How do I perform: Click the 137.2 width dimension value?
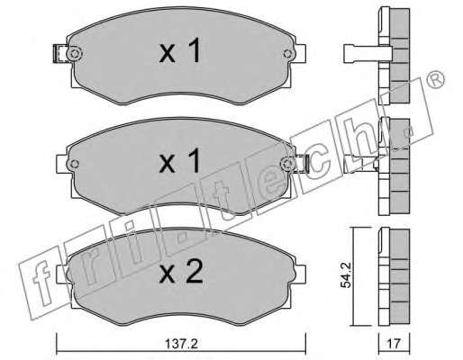(x=181, y=344)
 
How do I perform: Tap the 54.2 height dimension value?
(x=347, y=275)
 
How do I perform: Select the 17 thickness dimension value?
(x=394, y=344)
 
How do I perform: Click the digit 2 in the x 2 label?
(x=194, y=272)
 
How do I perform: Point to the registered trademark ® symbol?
(x=436, y=79)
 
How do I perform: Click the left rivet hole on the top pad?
(x=74, y=54)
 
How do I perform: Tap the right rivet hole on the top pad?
(x=287, y=54)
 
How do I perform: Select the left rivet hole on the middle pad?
(x=74, y=164)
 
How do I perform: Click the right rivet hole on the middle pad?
(x=287, y=164)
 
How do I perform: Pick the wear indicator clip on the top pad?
(x=60, y=54)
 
